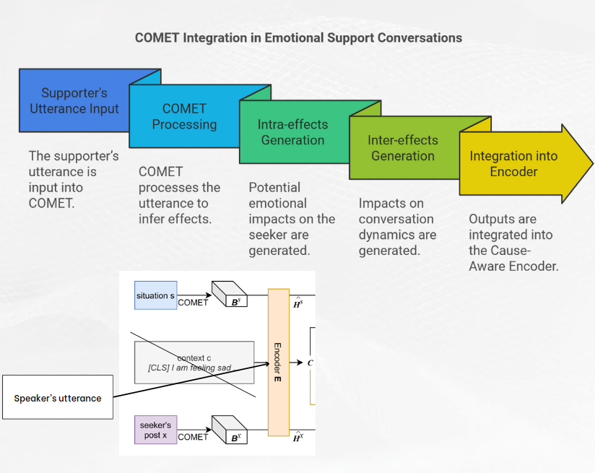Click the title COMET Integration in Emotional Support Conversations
tap(298, 38)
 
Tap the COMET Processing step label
tap(184, 116)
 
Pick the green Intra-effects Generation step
tap(292, 132)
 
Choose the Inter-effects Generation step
tap(402, 147)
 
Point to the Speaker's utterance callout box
tap(58, 397)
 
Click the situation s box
tap(155, 296)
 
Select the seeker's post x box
tap(155, 430)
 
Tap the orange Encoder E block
tap(278, 361)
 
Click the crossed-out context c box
tap(194, 363)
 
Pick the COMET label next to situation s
tap(193, 303)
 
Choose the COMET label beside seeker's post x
tap(193, 437)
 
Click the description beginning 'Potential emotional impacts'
tap(291, 219)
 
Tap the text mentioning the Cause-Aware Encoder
tap(513, 243)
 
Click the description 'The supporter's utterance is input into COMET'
tap(73, 179)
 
